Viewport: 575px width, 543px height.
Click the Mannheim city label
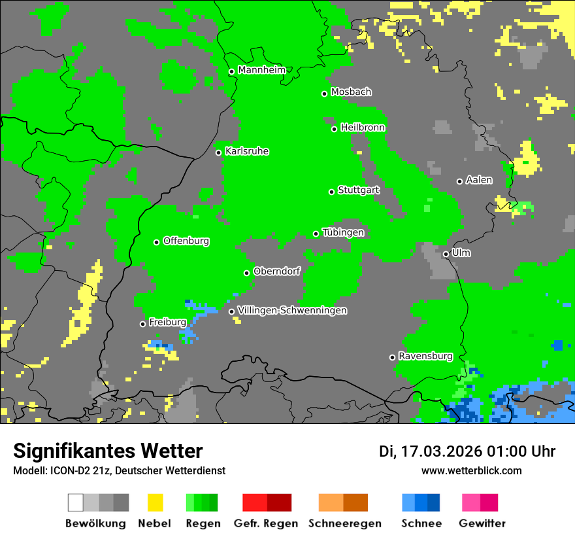(x=261, y=70)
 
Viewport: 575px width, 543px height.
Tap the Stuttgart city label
(x=359, y=190)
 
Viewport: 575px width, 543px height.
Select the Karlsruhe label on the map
(x=246, y=151)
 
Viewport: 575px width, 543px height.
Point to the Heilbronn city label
(x=363, y=128)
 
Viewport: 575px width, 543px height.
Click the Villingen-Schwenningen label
(x=292, y=310)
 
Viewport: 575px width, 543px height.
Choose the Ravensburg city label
(x=425, y=356)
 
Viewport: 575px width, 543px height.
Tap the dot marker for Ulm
(x=446, y=254)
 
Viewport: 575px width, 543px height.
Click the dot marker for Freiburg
(x=142, y=324)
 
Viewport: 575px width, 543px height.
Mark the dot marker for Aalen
(x=459, y=181)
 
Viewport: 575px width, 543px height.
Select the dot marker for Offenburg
(x=156, y=242)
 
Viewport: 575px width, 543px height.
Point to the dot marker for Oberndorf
(x=246, y=273)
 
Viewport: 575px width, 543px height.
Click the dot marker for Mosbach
(x=324, y=94)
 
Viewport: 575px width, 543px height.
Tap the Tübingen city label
(x=343, y=232)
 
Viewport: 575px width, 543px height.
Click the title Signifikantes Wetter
(x=108, y=451)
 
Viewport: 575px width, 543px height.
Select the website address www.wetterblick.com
(x=471, y=470)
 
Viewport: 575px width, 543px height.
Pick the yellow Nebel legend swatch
(x=155, y=502)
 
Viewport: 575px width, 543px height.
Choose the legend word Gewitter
(x=482, y=523)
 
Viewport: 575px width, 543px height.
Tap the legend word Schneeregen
(x=345, y=523)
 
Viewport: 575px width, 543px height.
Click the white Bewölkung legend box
(x=75, y=502)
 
